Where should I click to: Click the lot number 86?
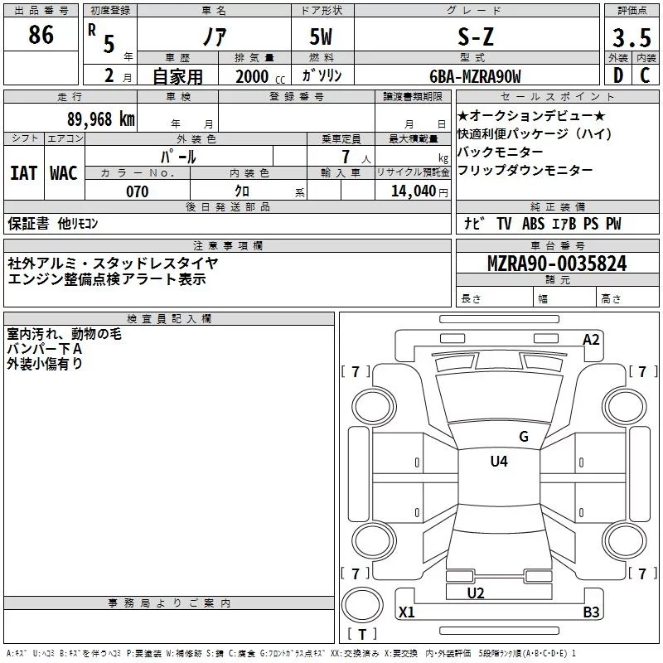tap(41, 35)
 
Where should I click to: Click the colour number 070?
tap(137, 191)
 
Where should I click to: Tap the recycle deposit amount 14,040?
tap(412, 191)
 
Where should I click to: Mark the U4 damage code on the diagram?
tap(498, 462)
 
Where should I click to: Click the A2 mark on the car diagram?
tap(591, 340)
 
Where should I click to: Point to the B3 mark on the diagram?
tap(591, 612)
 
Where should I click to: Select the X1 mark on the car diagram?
tap(406, 612)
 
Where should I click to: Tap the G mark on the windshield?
tap(523, 437)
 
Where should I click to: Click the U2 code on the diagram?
tap(475, 593)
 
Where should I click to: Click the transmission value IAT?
tap(24, 173)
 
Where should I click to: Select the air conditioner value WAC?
tap(64, 173)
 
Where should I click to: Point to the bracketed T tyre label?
tap(361, 635)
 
